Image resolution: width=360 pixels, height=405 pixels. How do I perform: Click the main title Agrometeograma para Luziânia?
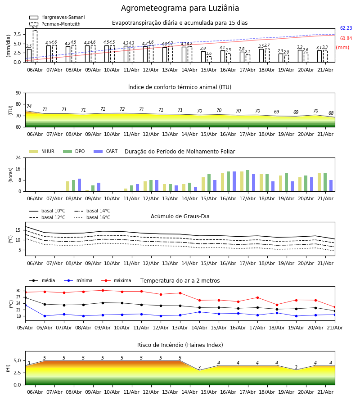(x=180, y=8)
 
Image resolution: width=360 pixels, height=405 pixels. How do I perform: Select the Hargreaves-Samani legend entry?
(x=57, y=17)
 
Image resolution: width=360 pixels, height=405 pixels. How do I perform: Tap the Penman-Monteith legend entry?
(x=55, y=24)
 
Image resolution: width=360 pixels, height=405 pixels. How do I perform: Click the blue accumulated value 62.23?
(x=346, y=28)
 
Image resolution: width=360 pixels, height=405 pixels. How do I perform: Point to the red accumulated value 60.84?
(x=346, y=39)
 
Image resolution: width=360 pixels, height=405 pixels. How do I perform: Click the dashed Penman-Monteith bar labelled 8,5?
(x=35, y=46)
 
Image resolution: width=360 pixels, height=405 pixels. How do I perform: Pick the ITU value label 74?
(x=29, y=106)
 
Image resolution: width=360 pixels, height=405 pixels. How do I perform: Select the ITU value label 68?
(x=331, y=113)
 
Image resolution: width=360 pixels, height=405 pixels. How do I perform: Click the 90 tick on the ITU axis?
(x=18, y=93)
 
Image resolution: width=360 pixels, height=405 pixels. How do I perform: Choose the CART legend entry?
(x=106, y=151)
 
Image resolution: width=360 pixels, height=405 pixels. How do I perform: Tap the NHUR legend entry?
(x=42, y=151)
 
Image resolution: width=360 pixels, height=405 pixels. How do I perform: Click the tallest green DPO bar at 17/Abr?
(x=247, y=181)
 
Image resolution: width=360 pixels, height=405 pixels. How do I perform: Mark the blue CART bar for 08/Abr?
(x=79, y=185)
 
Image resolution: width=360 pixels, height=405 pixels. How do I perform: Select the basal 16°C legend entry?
(x=92, y=217)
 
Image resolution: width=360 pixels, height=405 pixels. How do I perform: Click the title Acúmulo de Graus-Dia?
(x=180, y=216)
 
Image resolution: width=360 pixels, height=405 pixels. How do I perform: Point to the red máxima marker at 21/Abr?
(x=335, y=307)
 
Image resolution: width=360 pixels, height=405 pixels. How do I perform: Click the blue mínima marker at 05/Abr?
(x=25, y=305)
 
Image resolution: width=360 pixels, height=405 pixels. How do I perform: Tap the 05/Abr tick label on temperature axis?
(x=25, y=328)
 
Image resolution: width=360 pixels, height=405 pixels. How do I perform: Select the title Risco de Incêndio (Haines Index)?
(x=180, y=345)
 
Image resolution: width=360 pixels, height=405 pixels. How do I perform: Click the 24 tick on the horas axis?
(x=18, y=157)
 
